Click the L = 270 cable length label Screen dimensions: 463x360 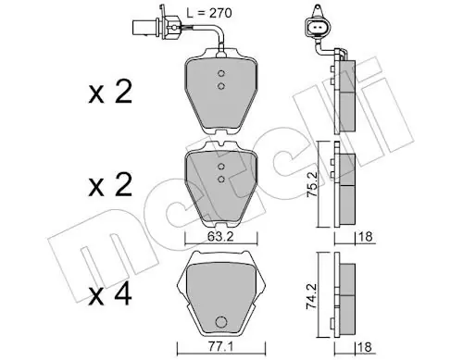point(209,13)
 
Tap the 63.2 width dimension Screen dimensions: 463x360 point(220,237)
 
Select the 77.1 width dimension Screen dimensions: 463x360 point(220,347)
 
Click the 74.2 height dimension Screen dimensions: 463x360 point(312,296)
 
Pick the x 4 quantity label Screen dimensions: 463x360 point(110,295)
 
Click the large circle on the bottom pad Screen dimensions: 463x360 point(221,322)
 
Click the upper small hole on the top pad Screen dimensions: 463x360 point(220,73)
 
